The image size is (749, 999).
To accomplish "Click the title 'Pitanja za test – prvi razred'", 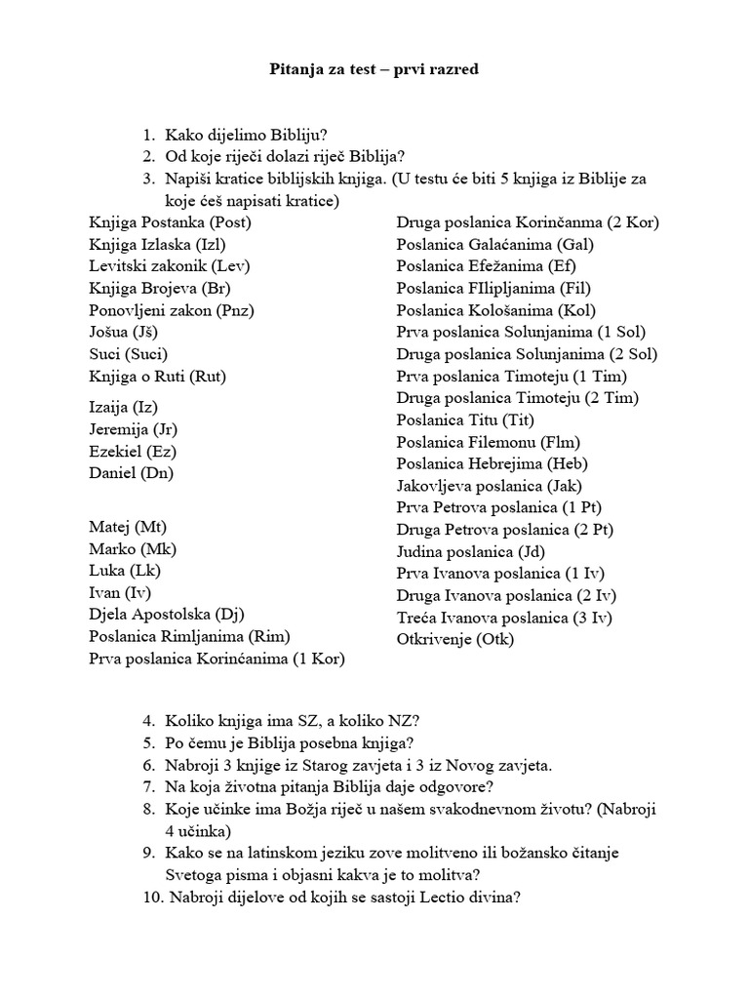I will [374, 70].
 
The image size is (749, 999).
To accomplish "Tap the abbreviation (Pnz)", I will [238, 310].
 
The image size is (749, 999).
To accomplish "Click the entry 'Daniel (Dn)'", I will [131, 473].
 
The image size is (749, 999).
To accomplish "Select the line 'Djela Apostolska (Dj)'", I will [166, 615].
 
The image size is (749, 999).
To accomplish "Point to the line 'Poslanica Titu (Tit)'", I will [466, 420].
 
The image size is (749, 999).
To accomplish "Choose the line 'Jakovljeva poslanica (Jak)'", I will [490, 486].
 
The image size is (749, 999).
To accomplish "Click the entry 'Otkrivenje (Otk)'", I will [454, 640].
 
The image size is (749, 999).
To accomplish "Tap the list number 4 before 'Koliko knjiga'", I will [148, 721].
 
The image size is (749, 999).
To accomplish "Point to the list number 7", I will [148, 787].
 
